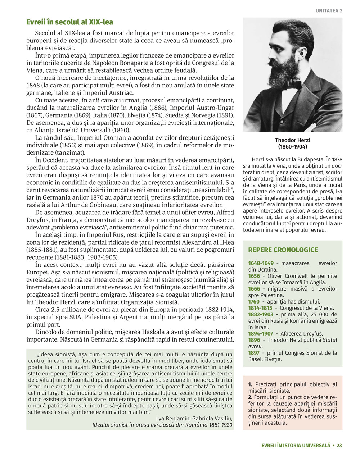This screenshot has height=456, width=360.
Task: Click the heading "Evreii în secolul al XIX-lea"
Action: [69, 22]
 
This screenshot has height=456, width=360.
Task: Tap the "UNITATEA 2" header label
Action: [329, 11]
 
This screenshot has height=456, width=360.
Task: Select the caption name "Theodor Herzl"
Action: [292, 140]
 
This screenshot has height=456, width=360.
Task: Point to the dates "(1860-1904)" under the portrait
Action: [292, 147]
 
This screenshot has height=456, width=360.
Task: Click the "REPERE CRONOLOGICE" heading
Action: [283, 250]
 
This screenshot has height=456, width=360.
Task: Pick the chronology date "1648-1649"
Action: [261, 263]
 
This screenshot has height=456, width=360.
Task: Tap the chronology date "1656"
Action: [254, 276]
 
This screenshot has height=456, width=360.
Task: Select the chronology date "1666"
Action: [254, 289]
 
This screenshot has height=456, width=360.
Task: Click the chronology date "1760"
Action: [254, 301]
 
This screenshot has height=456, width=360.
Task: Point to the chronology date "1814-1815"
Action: [261, 308]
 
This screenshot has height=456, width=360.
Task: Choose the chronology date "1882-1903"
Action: [261, 314]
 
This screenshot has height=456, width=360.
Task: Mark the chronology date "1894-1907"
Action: [261, 333]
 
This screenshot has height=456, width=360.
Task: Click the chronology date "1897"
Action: [254, 352]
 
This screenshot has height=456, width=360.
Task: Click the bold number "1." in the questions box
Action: [251, 384]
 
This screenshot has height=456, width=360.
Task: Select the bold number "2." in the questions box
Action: [251, 397]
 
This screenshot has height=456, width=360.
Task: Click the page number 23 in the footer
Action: [339, 445]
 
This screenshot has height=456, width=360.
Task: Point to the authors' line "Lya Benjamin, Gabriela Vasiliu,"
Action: [194, 418]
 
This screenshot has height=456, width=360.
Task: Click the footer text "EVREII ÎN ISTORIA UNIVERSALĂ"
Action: [296, 445]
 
